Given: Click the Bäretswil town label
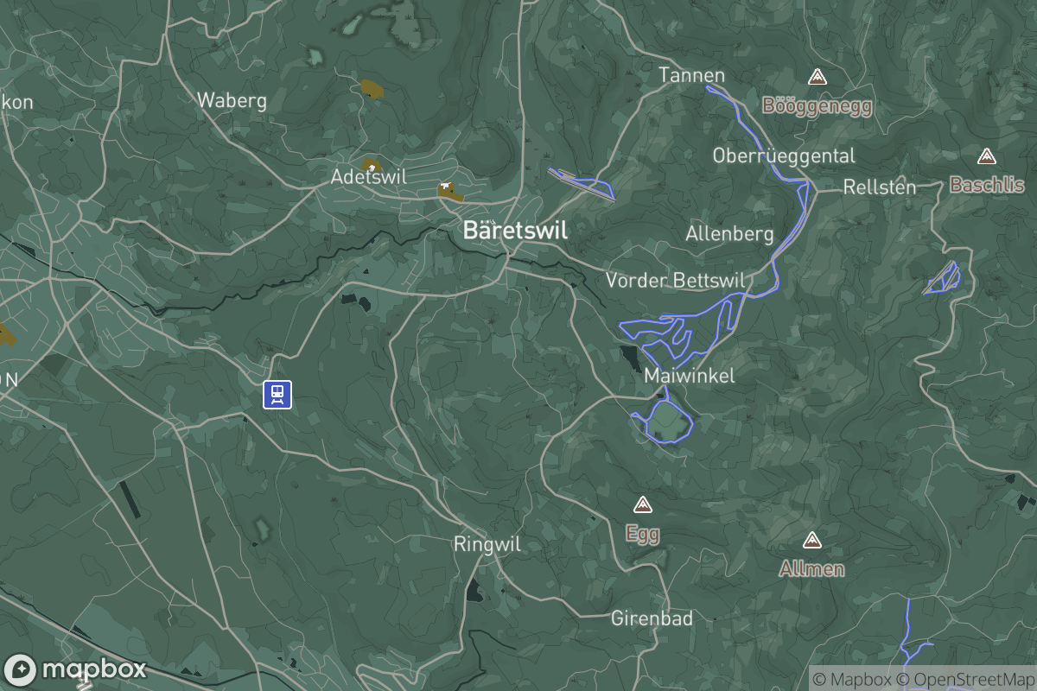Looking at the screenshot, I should (515, 231).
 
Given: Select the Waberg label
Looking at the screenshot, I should (232, 100).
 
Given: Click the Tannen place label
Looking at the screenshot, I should (691, 75).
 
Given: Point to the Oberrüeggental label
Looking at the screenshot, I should (783, 155).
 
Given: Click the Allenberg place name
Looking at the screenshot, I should (729, 234).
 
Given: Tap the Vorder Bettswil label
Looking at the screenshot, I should (675, 280).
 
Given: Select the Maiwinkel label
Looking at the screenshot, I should (690, 376).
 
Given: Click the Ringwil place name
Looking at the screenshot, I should (487, 544).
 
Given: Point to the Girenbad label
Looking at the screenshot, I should (652, 618).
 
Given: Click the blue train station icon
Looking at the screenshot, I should (277, 394).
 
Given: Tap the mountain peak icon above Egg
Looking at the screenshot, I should (641, 504).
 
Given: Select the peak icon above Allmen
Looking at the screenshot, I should (811, 541).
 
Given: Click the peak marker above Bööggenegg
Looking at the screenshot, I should (817, 78).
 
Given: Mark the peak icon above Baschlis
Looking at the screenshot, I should (986, 156).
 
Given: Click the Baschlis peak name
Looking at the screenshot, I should (986, 185).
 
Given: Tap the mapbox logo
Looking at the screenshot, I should (75, 669).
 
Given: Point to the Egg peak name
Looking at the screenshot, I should (642, 534).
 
